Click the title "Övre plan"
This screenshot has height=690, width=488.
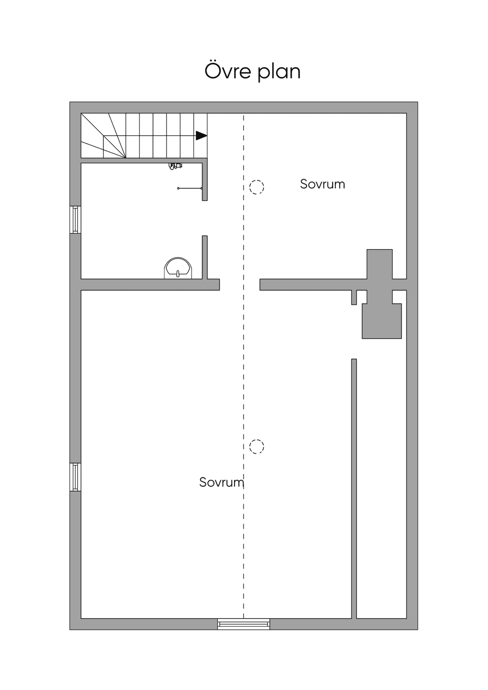tap(252, 71)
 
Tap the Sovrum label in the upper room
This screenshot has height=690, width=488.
tap(322, 184)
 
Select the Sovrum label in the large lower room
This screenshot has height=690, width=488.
tap(222, 482)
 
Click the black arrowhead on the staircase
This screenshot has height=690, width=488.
tap(201, 136)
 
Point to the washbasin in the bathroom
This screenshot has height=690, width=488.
tap(178, 268)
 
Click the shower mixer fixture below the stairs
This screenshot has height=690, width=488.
tap(175, 166)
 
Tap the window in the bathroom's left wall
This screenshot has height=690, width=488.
tap(75, 220)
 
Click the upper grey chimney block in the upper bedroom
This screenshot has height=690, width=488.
tap(379, 264)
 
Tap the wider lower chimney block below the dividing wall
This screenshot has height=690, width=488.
tap(382, 321)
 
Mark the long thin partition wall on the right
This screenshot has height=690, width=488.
tap(354, 489)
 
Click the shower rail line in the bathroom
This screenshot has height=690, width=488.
tap(190, 188)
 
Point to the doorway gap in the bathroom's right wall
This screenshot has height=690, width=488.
tap(205, 219)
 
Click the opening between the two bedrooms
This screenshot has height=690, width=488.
tap(240, 285)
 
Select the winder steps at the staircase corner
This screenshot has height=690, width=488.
tap(103, 136)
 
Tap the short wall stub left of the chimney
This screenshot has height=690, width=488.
tap(354, 297)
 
